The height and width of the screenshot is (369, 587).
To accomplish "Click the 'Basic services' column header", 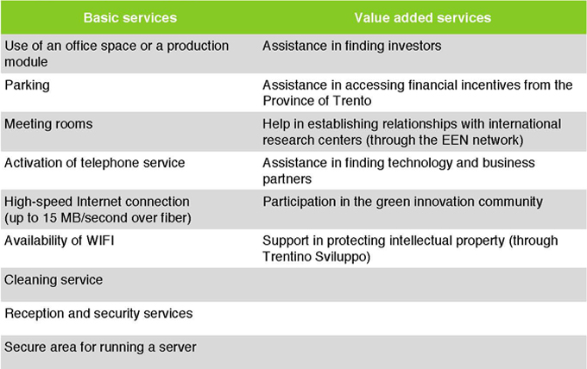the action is click(x=129, y=17).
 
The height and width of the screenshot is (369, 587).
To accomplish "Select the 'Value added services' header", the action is click(x=423, y=17).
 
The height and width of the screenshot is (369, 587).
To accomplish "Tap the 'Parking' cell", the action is click(x=27, y=85).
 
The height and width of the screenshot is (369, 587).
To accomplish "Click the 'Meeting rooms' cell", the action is click(x=48, y=124).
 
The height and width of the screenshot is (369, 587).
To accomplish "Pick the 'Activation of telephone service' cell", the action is click(x=95, y=163).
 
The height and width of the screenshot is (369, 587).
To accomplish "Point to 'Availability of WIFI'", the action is click(x=60, y=241).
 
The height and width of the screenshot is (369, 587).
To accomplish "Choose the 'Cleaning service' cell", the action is click(x=54, y=279).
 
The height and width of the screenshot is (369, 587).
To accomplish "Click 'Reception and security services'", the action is click(x=98, y=313).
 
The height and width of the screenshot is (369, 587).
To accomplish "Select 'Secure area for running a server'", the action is click(x=100, y=347).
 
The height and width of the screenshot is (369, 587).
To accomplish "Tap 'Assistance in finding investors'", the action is click(x=352, y=46).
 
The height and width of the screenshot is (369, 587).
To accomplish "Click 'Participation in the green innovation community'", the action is click(x=402, y=202).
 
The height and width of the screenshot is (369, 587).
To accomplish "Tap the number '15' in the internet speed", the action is click(x=49, y=218).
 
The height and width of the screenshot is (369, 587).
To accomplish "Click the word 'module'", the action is click(x=26, y=62).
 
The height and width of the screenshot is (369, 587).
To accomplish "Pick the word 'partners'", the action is click(x=287, y=179).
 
